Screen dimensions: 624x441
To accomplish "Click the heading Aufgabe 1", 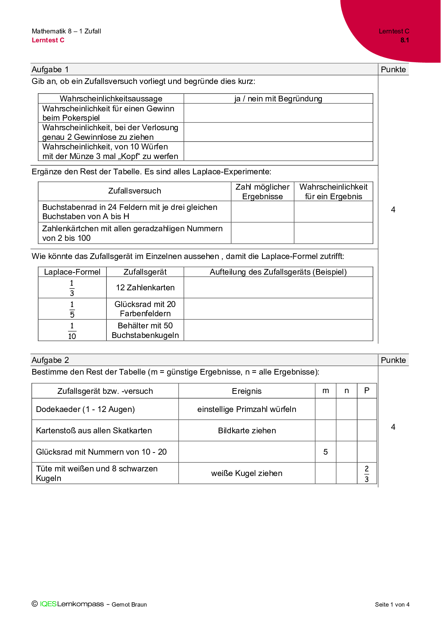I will pyautogui.click(x=50, y=69).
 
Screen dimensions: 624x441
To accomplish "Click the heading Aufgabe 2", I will pyautogui.click(x=50, y=360).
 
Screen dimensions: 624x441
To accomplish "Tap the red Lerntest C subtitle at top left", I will pyautogui.click(x=48, y=40).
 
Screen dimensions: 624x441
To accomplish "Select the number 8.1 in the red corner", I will pyautogui.click(x=405, y=40).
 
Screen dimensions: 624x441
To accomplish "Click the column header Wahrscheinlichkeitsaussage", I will pyautogui.click(x=111, y=99).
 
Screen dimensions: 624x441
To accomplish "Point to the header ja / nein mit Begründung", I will pyautogui.click(x=278, y=99).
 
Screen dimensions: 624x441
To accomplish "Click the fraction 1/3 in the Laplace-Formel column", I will pyautogui.click(x=72, y=288).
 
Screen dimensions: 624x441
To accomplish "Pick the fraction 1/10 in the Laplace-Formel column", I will pyautogui.click(x=72, y=331).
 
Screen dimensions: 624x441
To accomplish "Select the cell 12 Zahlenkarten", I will pyautogui.click(x=145, y=287).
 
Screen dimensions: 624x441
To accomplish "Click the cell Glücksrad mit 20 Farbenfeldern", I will pyautogui.click(x=145, y=309).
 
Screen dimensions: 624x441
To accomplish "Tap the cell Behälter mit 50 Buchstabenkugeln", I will pyautogui.click(x=145, y=330).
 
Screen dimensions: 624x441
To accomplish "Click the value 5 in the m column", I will pyautogui.click(x=325, y=452).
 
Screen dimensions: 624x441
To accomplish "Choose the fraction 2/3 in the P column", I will pyautogui.click(x=367, y=474).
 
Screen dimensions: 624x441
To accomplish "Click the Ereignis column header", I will pyautogui.click(x=246, y=391).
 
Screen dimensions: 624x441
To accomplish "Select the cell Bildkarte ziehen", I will pyautogui.click(x=247, y=430).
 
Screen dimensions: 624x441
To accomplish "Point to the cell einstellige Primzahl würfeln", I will pyautogui.click(x=246, y=409).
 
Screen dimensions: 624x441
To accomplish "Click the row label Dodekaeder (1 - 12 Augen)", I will pyautogui.click(x=85, y=409).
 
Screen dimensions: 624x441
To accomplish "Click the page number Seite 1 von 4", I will pyautogui.click(x=392, y=604).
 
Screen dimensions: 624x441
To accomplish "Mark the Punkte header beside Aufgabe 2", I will pyautogui.click(x=393, y=360).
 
